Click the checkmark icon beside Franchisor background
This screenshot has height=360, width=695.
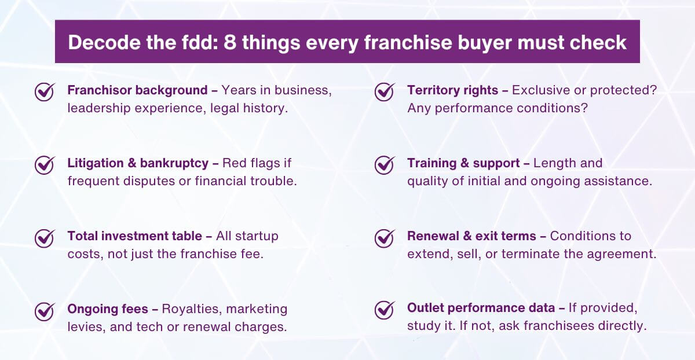(45, 92)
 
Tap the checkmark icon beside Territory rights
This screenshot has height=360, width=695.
(385, 92)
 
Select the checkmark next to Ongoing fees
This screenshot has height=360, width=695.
(45, 311)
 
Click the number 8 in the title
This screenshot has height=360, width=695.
(230, 42)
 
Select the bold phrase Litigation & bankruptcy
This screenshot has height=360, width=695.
(138, 163)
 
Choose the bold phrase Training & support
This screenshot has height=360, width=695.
(463, 163)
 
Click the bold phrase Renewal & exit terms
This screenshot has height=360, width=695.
(472, 236)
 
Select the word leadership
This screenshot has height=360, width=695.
(96, 108)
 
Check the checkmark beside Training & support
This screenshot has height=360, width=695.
(385, 165)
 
